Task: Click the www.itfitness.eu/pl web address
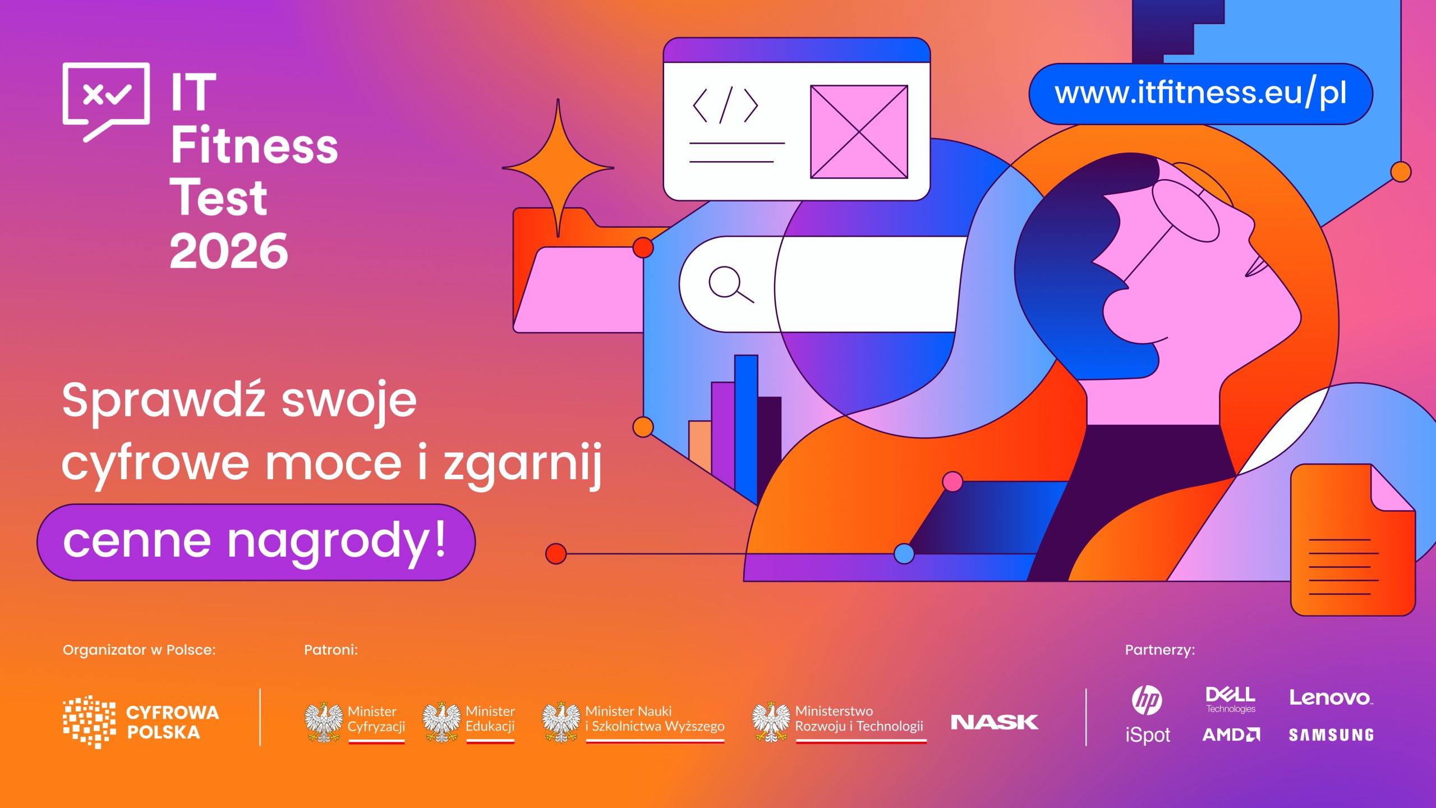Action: [x=1200, y=94]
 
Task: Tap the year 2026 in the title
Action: [x=229, y=251]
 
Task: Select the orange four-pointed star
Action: [x=558, y=168]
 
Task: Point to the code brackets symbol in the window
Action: [x=725, y=105]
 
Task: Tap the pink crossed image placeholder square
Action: [x=859, y=132]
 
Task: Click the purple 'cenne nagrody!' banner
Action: [x=256, y=542]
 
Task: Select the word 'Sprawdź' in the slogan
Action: [x=163, y=400]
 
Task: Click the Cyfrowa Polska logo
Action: [x=141, y=722]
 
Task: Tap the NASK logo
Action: [x=995, y=722]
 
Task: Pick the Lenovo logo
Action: [x=1330, y=698]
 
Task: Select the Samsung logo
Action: [x=1331, y=735]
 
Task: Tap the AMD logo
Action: [x=1231, y=734]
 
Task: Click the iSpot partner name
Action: [x=1148, y=735]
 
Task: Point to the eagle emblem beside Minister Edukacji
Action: [x=441, y=722]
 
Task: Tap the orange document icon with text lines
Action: [x=1353, y=540]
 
